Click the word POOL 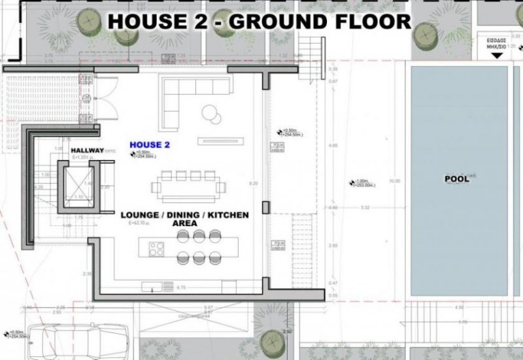[x=457, y=178]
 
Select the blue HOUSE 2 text [x=150, y=144]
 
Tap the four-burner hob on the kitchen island [x=157, y=249]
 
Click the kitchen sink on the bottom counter [x=151, y=286]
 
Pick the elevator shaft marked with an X [x=78, y=186]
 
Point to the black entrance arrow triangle [x=498, y=55]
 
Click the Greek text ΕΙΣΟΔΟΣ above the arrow [x=498, y=40]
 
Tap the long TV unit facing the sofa [x=222, y=140]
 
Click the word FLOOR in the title [x=369, y=20]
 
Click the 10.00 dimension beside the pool [x=393, y=180]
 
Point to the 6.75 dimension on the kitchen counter [x=182, y=287]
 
